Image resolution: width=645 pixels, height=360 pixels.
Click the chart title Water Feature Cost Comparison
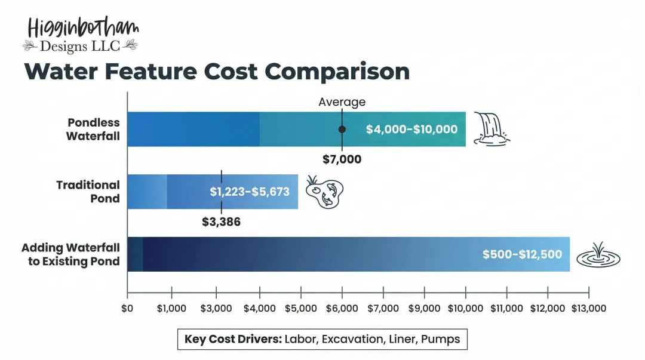tap(217, 72)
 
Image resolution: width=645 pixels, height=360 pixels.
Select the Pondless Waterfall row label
tap(93, 129)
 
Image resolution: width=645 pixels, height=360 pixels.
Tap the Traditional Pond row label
tap(88, 192)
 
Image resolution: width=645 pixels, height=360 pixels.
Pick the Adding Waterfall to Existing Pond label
tap(70, 254)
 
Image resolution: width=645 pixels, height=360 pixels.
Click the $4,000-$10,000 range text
tap(411, 129)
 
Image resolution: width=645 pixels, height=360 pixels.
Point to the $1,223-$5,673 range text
tap(250, 192)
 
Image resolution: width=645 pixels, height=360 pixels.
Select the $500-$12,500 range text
tap(522, 254)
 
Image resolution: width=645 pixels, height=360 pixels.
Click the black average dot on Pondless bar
tap(342, 129)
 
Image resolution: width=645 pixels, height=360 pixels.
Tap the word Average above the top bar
tap(342, 102)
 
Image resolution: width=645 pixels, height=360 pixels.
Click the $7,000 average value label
tap(342, 159)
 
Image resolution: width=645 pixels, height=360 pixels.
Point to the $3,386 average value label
tap(222, 222)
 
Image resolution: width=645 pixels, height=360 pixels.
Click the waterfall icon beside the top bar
tap(492, 129)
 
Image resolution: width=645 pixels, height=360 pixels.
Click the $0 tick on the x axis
tap(127, 308)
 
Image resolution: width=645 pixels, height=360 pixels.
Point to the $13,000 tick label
tap(589, 308)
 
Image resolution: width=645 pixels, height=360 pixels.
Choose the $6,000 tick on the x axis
tap(342, 308)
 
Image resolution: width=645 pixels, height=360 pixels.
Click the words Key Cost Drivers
tap(232, 339)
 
